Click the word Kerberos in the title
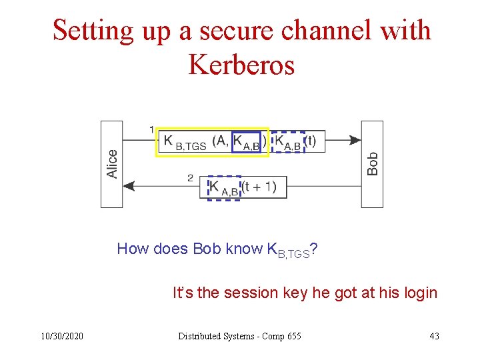[241, 65]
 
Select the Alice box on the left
[111, 163]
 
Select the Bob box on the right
[372, 163]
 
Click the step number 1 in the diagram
[152, 129]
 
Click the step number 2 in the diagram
[190, 177]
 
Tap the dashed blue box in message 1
[289, 142]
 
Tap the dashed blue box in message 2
[224, 188]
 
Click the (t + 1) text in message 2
[259, 187]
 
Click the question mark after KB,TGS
[313, 249]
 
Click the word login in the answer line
[419, 293]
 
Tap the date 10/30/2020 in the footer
[61, 336]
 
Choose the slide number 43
[434, 336]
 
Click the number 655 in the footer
[294, 336]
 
